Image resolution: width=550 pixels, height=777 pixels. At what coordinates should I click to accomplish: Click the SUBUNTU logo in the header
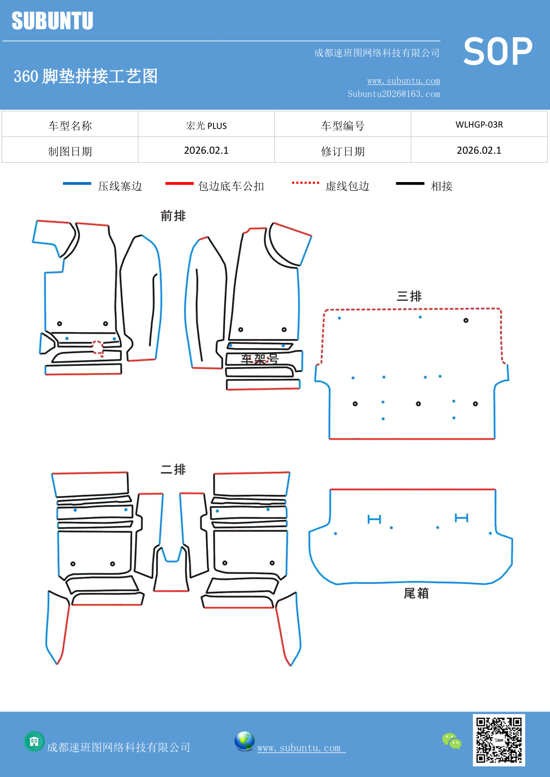[52, 21]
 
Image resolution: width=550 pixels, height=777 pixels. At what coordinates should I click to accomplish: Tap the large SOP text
[497, 51]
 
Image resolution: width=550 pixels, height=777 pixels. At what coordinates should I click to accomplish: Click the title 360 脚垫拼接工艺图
[86, 76]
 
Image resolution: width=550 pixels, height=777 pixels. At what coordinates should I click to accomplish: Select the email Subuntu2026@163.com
[394, 94]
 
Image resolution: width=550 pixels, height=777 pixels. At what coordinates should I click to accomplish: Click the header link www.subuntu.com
[403, 81]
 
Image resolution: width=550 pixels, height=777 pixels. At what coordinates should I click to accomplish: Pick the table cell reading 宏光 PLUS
[206, 125]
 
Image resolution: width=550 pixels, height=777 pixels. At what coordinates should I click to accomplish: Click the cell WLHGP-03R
[479, 124]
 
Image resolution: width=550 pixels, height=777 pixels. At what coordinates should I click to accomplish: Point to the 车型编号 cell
[343, 126]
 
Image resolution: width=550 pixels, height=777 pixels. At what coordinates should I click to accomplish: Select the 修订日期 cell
[343, 151]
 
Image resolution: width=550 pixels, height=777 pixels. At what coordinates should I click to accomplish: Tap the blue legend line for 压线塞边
[77, 183]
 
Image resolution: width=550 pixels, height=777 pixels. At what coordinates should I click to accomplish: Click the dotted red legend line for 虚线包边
[305, 183]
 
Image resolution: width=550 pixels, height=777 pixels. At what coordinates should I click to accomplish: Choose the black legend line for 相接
[410, 183]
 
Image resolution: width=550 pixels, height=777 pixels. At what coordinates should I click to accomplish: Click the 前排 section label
[173, 216]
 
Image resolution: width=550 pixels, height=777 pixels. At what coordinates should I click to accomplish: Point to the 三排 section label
[409, 296]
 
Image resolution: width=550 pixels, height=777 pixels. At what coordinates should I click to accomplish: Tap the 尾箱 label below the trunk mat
[416, 593]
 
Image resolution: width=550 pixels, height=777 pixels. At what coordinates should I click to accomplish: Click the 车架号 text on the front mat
[260, 359]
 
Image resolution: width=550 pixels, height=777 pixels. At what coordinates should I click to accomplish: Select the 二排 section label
[173, 469]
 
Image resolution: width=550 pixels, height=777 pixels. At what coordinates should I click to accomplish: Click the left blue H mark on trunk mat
[374, 519]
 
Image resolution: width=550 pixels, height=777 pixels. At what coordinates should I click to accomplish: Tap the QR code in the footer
[499, 740]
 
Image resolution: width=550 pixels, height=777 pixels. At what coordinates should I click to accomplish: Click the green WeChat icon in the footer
[452, 741]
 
